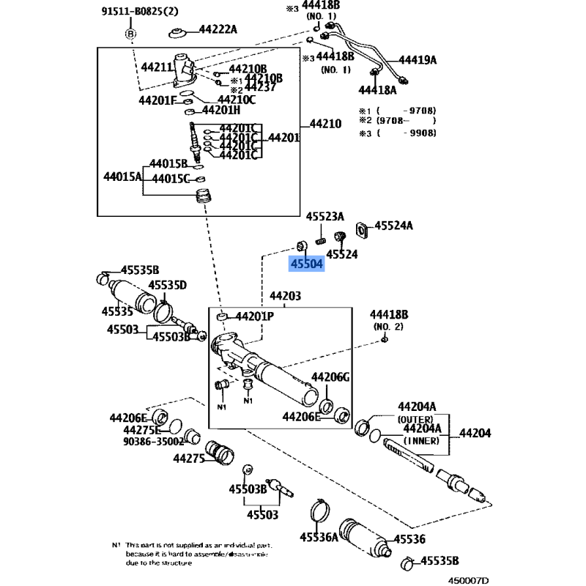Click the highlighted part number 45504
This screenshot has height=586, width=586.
click(307, 264)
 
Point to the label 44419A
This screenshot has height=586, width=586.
click(418, 60)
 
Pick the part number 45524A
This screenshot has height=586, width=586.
click(393, 226)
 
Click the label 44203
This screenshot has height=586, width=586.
click(286, 297)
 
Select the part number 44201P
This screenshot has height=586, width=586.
click(253, 316)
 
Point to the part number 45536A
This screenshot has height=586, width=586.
click(319, 538)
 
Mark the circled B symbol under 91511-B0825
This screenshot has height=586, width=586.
click(130, 33)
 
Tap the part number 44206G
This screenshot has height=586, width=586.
click(331, 377)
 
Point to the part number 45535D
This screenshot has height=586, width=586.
click(168, 285)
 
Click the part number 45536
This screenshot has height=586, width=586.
click(409, 539)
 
